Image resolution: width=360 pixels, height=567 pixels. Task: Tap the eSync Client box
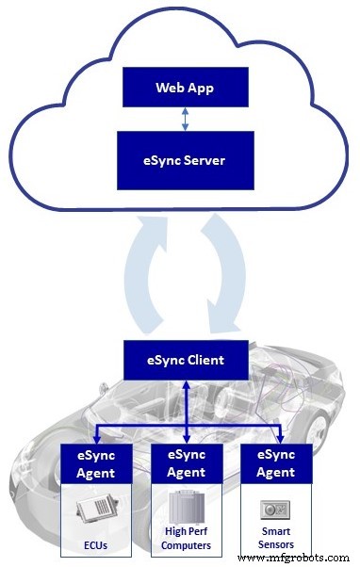185,359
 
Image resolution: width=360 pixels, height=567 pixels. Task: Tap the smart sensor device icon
276,509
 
